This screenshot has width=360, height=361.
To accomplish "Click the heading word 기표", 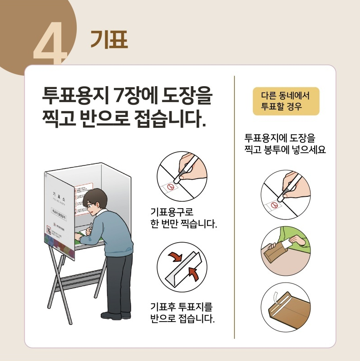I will coord(109,39).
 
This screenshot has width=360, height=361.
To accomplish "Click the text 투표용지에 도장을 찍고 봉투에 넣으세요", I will coord(285,143).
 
